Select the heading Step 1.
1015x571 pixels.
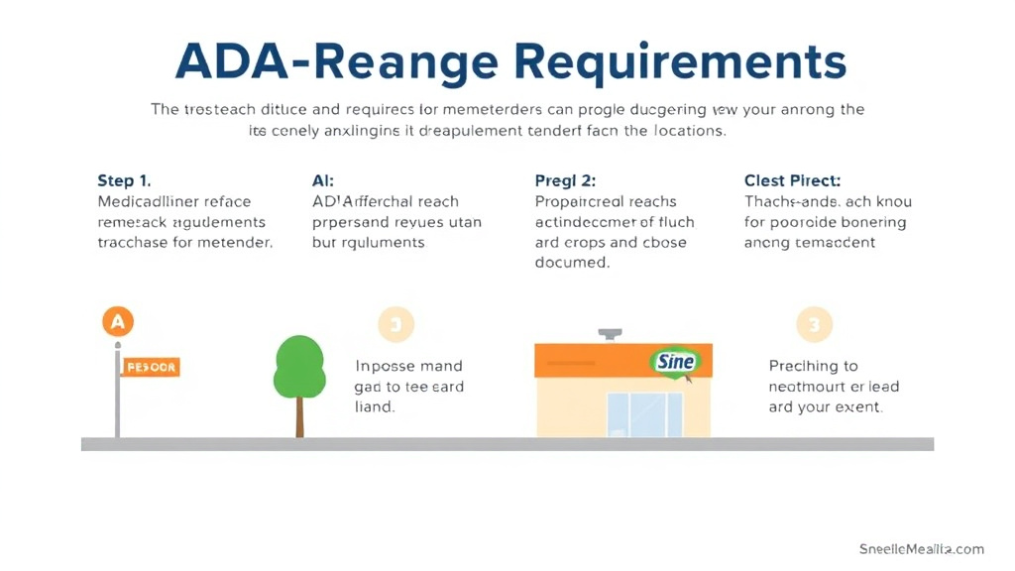124,180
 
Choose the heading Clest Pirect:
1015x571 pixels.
792,180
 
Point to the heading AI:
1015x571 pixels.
323,180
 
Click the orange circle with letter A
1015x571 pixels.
118,322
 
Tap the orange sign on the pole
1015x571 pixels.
152,367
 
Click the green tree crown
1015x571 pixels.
299,365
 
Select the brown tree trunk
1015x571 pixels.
299,416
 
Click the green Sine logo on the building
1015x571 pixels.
675,361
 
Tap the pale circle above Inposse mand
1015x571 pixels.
395,324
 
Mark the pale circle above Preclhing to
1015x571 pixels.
815,324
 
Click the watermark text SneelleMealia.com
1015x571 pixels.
922,549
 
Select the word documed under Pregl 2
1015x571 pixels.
573,263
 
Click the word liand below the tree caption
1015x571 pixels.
375,406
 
